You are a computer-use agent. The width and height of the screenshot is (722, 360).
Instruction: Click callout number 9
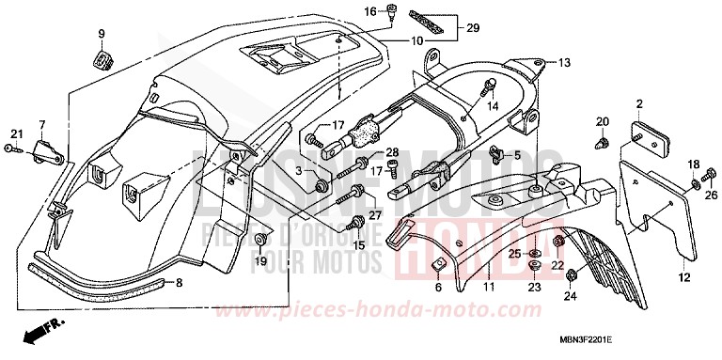pos(100,35)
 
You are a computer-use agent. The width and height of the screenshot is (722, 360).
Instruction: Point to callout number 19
pos(260,260)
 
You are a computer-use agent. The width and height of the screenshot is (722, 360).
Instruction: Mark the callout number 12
pos(683,277)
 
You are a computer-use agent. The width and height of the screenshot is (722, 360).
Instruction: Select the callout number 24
pos(570,297)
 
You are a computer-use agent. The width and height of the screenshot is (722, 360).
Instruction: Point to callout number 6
pos(437,288)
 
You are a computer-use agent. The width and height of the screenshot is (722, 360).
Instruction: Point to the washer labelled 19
pos(259,243)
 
